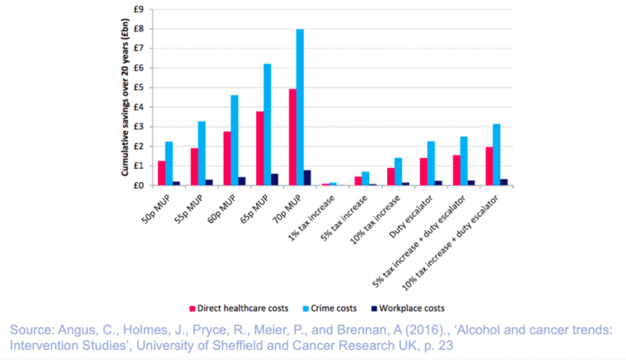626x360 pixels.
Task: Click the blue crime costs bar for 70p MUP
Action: (300, 107)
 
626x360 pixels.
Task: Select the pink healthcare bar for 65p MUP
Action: (260, 148)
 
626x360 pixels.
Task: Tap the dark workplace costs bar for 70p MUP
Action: (307, 178)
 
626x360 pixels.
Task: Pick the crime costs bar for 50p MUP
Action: (169, 163)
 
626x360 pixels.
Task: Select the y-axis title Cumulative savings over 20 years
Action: (125, 97)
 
